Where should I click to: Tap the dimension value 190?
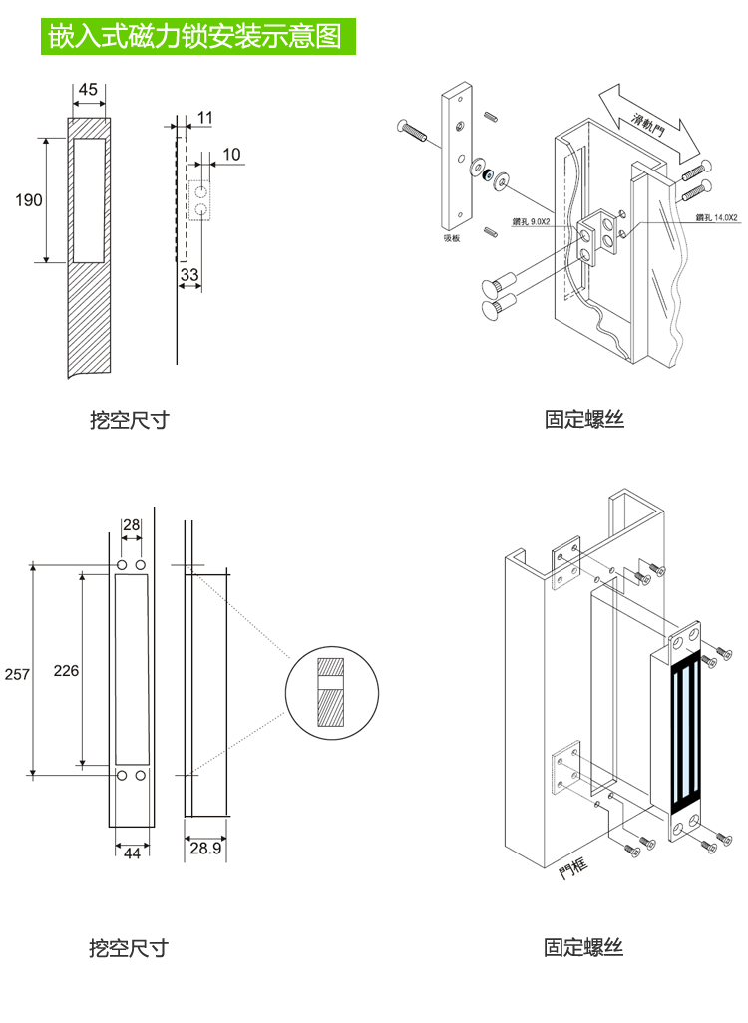click(29, 200)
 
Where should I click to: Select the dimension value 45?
click(88, 89)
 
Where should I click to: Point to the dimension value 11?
click(204, 118)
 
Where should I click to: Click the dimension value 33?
click(189, 273)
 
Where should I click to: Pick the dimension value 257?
click(18, 674)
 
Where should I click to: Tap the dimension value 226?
click(66, 670)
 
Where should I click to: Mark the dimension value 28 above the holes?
click(131, 525)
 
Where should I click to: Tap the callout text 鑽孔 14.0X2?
click(715, 217)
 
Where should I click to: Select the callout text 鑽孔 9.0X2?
click(532, 221)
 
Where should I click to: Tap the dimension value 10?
click(231, 154)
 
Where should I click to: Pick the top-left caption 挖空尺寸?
click(129, 420)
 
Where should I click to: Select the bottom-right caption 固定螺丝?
click(583, 946)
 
